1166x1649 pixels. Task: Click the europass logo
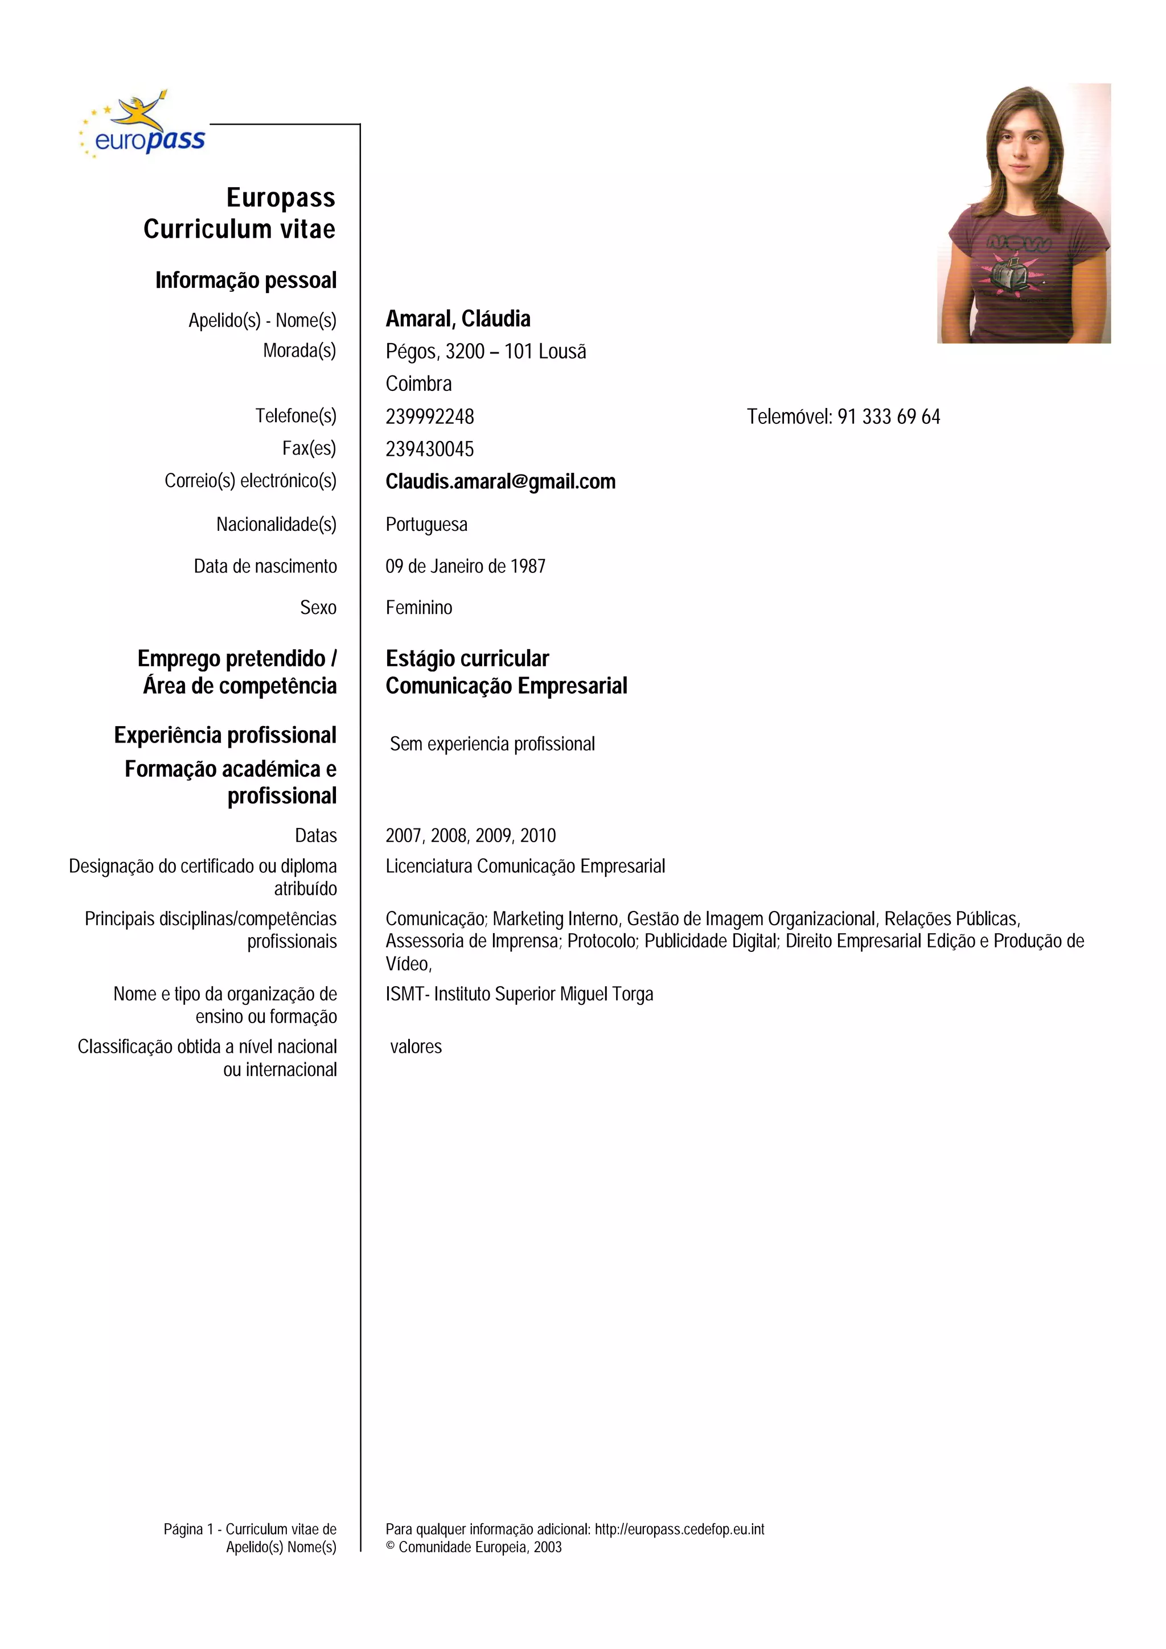click(x=143, y=126)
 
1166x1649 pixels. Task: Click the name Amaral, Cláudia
click(x=458, y=319)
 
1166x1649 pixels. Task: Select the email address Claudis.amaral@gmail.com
click(x=500, y=481)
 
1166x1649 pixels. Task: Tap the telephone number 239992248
click(x=430, y=417)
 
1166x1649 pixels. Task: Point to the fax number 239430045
click(x=430, y=450)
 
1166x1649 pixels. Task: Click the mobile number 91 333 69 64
click(x=888, y=417)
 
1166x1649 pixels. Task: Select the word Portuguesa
click(x=426, y=525)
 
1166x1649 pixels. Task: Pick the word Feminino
click(x=419, y=608)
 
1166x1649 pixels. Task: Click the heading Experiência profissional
click(x=225, y=735)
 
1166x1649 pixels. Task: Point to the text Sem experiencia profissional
click(x=492, y=744)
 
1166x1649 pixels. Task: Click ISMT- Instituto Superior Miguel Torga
click(x=519, y=995)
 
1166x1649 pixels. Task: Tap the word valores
click(x=416, y=1047)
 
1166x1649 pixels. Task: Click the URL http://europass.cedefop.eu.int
click(x=679, y=1529)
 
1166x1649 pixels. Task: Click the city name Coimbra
click(x=418, y=384)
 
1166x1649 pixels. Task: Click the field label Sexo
click(x=318, y=608)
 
